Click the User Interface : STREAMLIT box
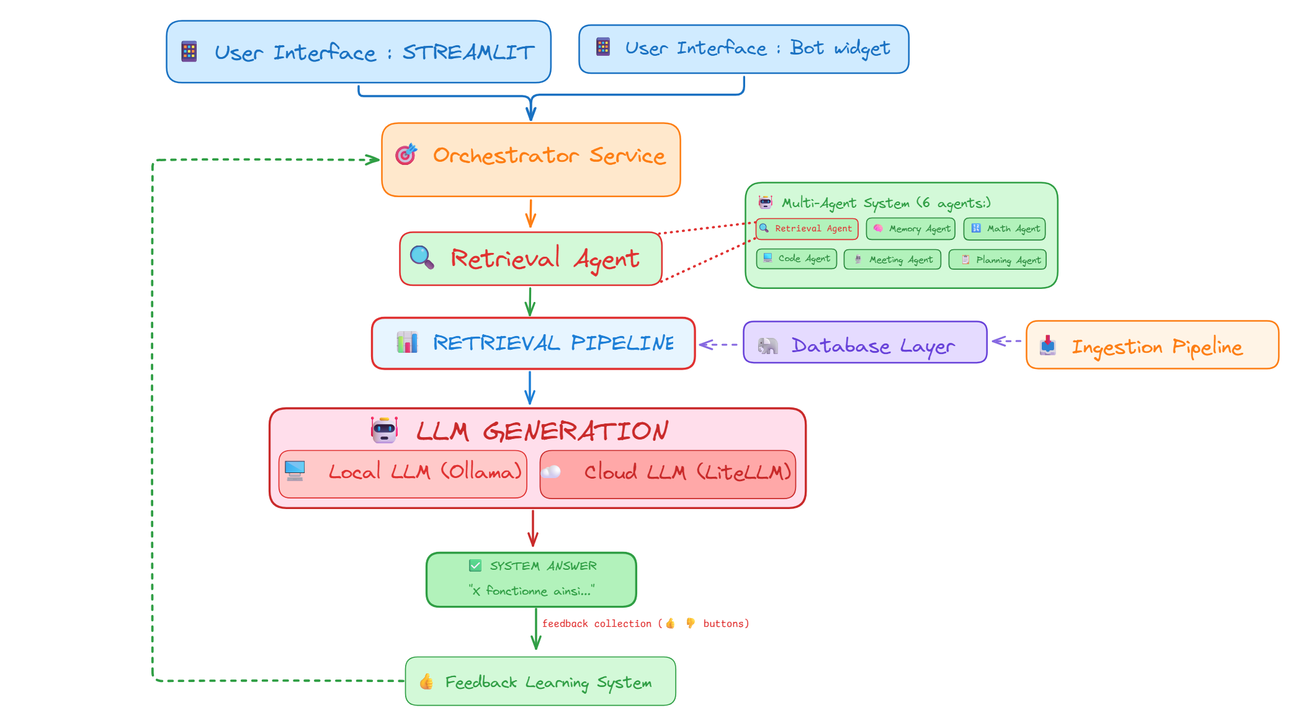click(359, 52)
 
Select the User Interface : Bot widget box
click(743, 49)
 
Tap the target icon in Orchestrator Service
click(406, 154)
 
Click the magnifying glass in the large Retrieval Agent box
click(422, 257)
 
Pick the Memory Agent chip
click(911, 229)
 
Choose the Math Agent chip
click(1004, 229)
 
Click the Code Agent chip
click(797, 259)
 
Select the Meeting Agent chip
click(892, 259)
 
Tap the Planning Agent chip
click(998, 260)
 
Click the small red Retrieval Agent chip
click(807, 229)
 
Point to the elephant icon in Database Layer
click(767, 345)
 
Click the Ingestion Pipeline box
click(1152, 345)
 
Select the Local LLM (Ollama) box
click(403, 474)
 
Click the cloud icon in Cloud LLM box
click(551, 472)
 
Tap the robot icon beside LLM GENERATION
click(384, 430)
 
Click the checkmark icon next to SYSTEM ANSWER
click(475, 565)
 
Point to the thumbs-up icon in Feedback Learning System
click(426, 682)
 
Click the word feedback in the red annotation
click(565, 624)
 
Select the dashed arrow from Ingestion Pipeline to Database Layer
click(1007, 341)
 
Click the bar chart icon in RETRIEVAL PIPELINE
click(407, 342)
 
